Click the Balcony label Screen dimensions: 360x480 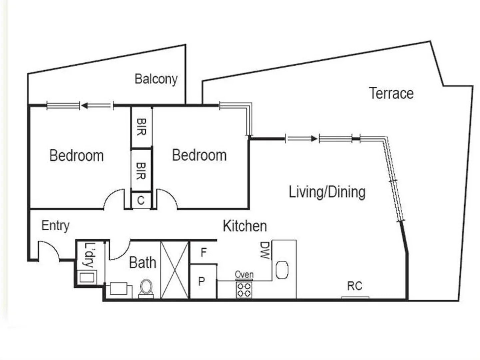point(156,79)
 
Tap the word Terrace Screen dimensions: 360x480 point(391,93)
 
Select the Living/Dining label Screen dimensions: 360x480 point(327,192)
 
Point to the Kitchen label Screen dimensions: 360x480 point(245,226)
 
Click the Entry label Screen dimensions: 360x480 point(55,226)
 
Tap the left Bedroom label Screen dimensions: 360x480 point(77,156)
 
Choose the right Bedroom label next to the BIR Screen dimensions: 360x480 point(199,155)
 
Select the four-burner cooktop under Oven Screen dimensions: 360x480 point(244,289)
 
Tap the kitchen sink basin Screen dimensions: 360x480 point(282,270)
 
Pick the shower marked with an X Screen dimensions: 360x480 point(175,270)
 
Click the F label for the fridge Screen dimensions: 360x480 point(204,253)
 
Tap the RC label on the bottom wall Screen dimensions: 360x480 point(354,286)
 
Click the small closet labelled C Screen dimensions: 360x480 point(141,200)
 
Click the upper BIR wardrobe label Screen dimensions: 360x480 point(141,127)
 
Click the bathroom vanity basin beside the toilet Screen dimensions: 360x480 point(118,288)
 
